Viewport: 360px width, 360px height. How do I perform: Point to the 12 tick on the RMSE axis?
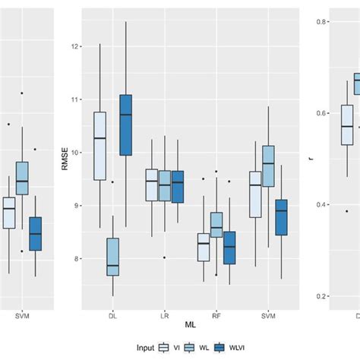click(75, 46)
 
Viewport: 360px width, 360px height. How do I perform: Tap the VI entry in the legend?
click(169, 347)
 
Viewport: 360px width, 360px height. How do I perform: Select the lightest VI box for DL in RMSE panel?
click(99, 146)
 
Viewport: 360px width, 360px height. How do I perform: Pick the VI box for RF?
click(204, 247)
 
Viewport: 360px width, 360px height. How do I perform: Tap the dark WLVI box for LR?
click(178, 187)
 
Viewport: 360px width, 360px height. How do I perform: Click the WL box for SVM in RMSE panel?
click(268, 166)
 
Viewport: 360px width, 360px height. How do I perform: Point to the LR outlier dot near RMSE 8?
click(164, 257)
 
